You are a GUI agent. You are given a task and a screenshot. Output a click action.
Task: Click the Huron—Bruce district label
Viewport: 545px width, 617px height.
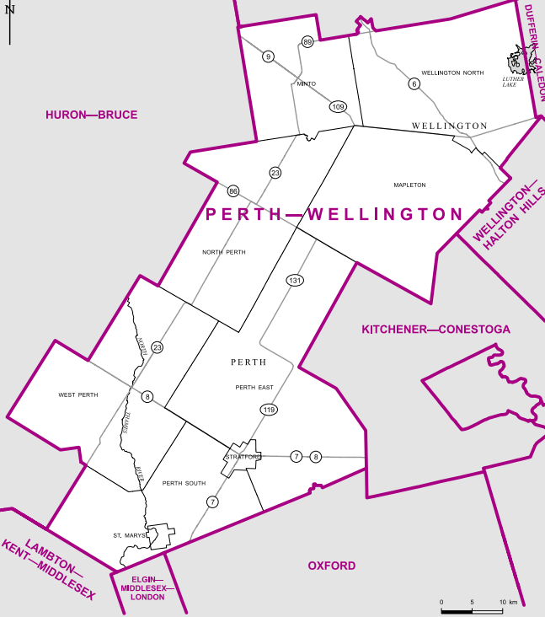pos(92,115)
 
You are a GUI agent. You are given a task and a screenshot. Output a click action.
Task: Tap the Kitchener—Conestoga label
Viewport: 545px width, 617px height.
pos(435,329)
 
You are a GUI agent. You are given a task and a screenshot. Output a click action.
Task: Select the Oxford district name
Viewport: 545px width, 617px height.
pos(331,566)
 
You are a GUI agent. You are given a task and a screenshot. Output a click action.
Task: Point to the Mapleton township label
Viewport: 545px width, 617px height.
pos(409,185)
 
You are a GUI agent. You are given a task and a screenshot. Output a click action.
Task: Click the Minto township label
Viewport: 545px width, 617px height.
pos(306,84)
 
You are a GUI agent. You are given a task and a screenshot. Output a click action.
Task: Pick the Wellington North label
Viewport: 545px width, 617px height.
pos(452,73)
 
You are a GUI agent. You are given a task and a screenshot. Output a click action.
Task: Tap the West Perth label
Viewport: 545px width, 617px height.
pos(78,394)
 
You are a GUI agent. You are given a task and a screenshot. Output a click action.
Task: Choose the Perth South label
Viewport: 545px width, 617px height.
pos(184,483)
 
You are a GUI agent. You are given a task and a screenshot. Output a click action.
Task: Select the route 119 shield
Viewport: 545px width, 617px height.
pos(269,410)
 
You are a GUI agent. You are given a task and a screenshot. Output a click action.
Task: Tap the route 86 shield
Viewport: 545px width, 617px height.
pos(233,190)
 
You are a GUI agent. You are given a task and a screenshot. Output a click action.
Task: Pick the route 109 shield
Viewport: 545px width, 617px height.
pos(338,106)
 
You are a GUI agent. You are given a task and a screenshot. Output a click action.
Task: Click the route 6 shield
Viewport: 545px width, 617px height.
pos(414,83)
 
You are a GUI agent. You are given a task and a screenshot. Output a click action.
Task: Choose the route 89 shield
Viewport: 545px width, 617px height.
pos(307,42)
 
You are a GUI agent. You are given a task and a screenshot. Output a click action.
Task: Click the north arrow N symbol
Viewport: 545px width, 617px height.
pos(9,10)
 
